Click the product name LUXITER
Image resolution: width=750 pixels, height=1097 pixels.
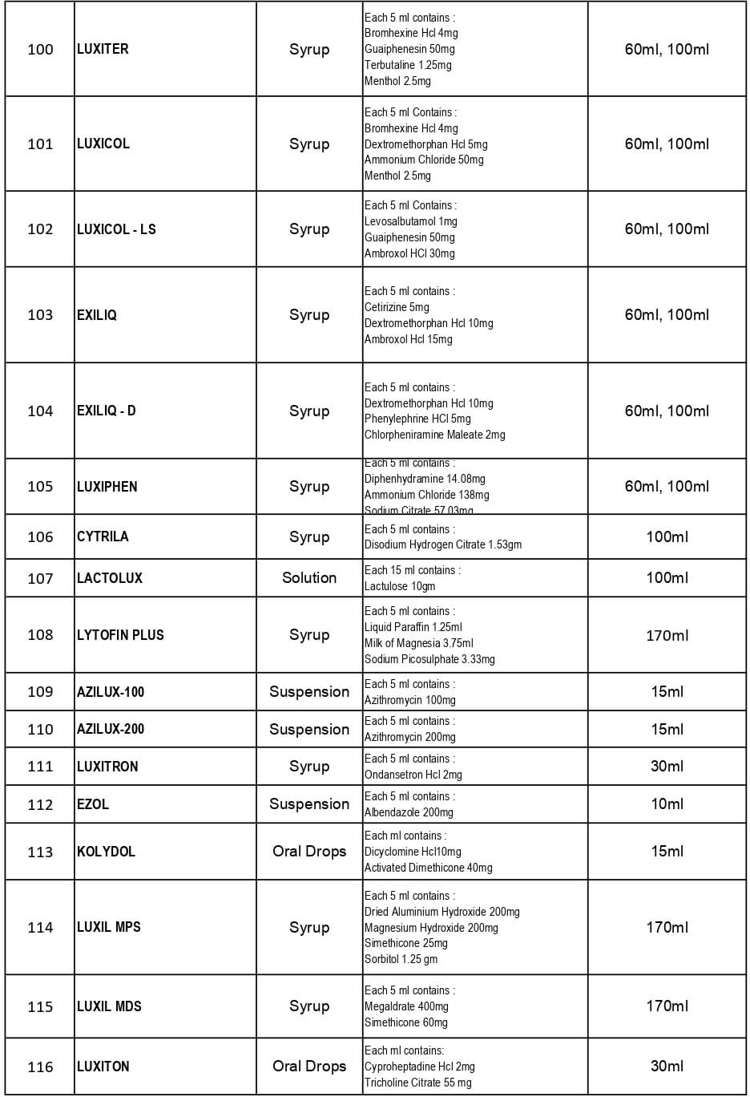click(103, 49)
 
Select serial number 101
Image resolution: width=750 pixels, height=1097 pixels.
click(40, 144)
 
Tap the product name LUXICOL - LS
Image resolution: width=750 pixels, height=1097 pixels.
click(116, 229)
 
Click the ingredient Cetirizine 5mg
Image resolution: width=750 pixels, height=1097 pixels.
click(397, 307)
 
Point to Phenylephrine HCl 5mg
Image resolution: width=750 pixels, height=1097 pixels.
click(417, 419)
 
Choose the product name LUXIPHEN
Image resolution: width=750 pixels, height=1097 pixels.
click(107, 487)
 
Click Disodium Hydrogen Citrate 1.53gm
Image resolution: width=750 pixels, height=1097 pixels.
click(443, 544)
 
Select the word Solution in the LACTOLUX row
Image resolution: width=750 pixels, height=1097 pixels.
click(309, 578)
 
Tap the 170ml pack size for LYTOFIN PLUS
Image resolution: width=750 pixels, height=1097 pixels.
click(667, 635)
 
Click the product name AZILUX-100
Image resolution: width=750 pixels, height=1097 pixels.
click(111, 692)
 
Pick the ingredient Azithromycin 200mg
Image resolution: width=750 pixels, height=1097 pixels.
click(410, 737)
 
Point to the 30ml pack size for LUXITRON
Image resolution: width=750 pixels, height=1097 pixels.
click(667, 766)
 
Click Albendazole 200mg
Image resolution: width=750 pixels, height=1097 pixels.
click(409, 812)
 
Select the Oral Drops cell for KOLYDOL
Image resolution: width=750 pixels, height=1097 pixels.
click(309, 852)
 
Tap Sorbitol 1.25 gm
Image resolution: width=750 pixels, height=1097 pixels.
click(401, 959)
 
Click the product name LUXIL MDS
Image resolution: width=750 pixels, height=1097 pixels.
click(109, 1006)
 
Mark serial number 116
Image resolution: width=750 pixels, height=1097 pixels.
click(40, 1067)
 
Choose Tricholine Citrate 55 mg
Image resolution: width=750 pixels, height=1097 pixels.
click(417, 1083)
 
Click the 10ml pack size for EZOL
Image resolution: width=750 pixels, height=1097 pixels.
click(667, 804)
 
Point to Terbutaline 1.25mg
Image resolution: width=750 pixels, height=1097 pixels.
click(408, 65)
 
